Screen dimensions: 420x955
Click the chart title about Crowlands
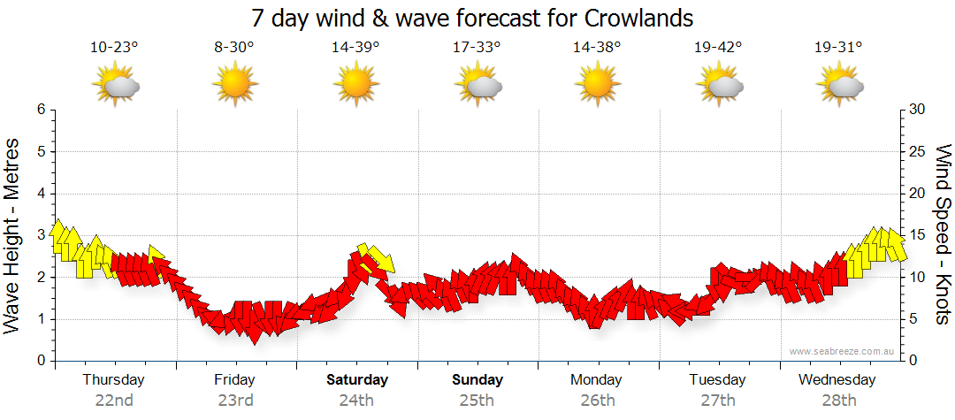click(472, 18)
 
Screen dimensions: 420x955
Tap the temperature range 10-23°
click(114, 48)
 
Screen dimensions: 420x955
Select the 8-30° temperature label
click(234, 48)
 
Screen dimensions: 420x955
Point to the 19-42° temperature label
click(717, 48)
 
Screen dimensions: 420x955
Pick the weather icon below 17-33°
click(477, 87)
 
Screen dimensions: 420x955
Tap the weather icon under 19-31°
click(839, 87)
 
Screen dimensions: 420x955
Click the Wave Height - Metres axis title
click(13, 235)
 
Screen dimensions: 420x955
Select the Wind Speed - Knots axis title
click(942, 235)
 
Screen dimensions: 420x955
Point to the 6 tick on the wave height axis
click(41, 110)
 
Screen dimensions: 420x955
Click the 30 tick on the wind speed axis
click(918, 110)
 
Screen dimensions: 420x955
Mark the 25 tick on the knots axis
click(918, 151)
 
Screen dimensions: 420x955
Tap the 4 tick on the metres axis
click(41, 194)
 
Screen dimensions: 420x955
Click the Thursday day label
click(114, 380)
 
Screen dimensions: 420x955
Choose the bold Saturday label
click(357, 380)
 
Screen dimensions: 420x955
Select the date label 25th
click(477, 400)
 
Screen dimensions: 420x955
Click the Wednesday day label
click(837, 380)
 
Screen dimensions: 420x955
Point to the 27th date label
click(717, 400)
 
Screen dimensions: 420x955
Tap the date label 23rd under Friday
click(236, 400)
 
